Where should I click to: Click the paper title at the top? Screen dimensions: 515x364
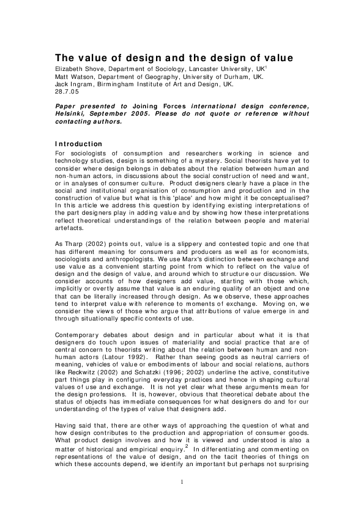(174, 58)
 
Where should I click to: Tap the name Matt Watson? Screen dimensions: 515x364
(70, 78)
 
